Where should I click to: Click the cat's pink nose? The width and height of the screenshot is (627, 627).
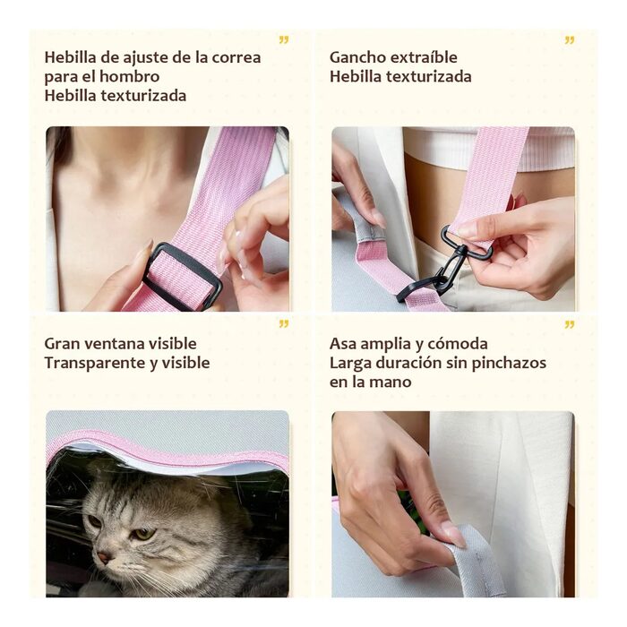(x=104, y=557)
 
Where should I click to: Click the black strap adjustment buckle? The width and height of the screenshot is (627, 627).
(x=183, y=276)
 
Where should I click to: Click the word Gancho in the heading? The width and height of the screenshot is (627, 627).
(x=356, y=57)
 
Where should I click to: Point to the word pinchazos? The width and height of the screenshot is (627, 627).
(x=509, y=363)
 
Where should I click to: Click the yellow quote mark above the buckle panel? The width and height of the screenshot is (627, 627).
(x=284, y=40)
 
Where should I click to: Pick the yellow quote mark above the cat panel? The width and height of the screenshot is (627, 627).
(x=284, y=324)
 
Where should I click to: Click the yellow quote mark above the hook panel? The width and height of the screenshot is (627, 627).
(x=570, y=40)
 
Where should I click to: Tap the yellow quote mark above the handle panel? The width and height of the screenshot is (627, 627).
(x=570, y=324)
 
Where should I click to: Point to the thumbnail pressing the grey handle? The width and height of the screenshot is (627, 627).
(x=454, y=536)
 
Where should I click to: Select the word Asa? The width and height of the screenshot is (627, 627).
(x=343, y=344)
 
